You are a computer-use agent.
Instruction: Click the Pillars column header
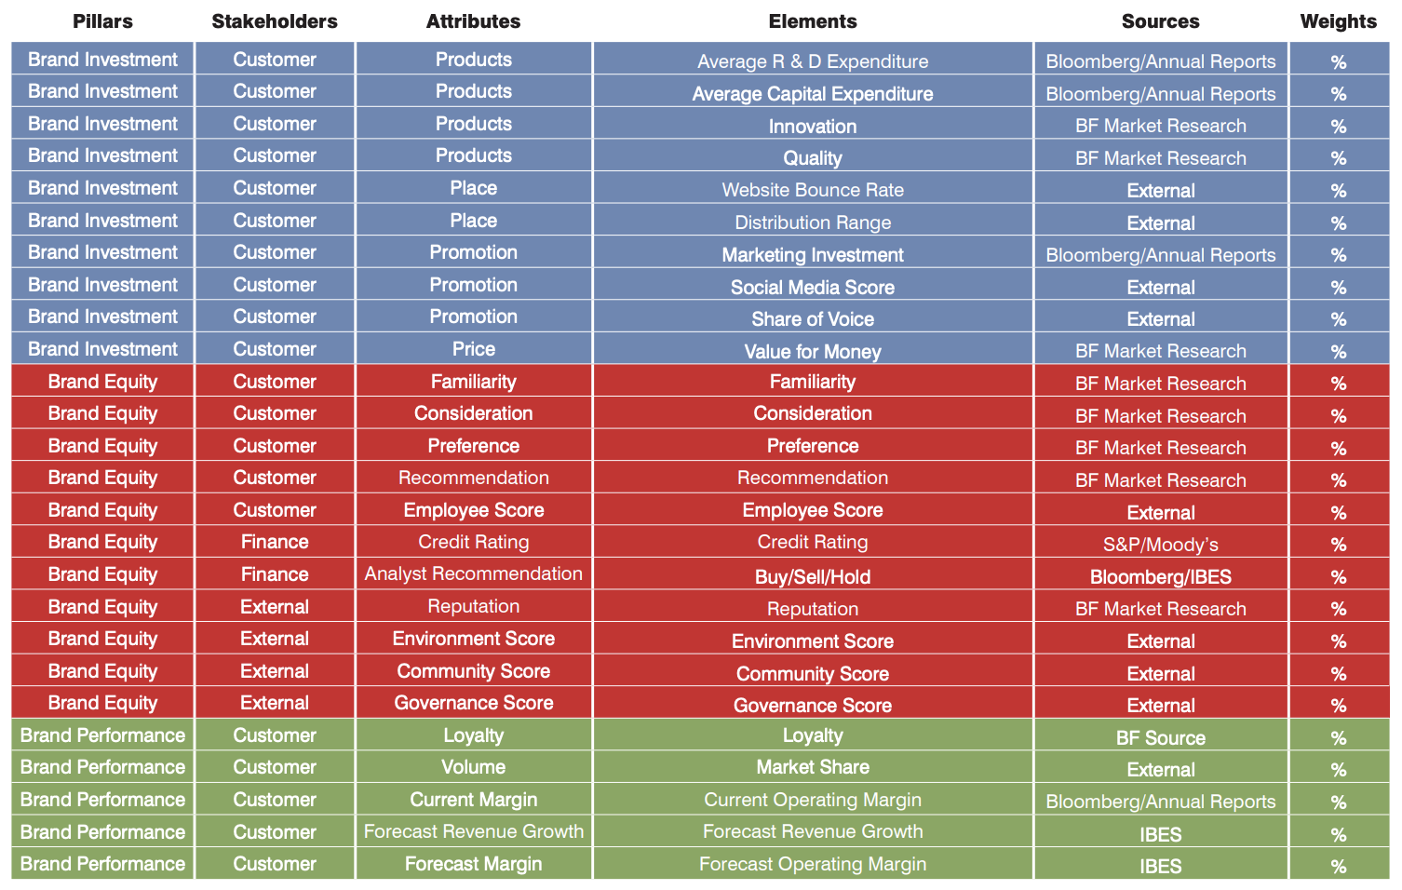tap(102, 21)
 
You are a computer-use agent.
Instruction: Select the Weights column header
tap(1338, 21)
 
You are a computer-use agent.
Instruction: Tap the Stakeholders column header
tap(275, 21)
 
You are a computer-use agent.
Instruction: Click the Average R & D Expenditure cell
tap(813, 61)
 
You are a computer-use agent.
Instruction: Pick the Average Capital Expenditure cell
tap(813, 94)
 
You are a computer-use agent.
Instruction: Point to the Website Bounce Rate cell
tap(813, 190)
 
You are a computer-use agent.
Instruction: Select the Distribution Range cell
tap(813, 222)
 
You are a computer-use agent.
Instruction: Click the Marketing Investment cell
tap(813, 255)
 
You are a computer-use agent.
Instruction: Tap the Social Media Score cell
tap(813, 288)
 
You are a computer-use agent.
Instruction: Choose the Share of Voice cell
tap(813, 319)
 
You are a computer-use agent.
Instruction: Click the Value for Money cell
tap(813, 352)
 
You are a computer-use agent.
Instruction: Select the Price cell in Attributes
tap(474, 349)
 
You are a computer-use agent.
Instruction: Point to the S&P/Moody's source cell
tap(1160, 545)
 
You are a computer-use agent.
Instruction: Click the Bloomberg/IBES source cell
tap(1160, 577)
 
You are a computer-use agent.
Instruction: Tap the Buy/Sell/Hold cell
tap(813, 577)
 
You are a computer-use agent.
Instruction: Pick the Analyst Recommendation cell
tap(474, 573)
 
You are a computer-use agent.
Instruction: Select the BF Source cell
tap(1160, 738)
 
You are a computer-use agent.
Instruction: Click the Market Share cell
tap(813, 767)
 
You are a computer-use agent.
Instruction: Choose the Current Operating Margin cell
tap(813, 800)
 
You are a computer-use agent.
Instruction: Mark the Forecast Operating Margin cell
tap(813, 864)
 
